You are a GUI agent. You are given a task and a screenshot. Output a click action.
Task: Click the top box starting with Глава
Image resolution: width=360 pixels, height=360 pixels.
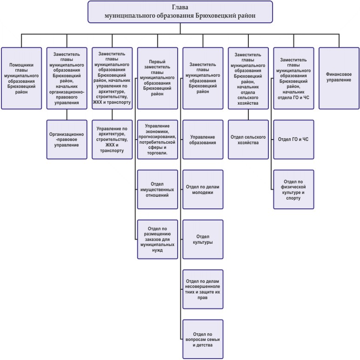(x=180, y=12)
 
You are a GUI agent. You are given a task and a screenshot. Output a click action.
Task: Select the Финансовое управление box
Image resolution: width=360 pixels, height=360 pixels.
(x=339, y=78)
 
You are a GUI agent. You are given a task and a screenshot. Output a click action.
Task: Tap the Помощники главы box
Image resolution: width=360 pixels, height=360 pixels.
(x=21, y=78)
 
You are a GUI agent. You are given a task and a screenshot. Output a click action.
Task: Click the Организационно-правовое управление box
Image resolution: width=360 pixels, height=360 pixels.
(x=67, y=140)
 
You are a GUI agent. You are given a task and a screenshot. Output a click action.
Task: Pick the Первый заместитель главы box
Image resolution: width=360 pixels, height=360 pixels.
(x=158, y=78)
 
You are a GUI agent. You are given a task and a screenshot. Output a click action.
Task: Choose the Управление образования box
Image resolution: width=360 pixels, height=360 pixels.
(x=203, y=140)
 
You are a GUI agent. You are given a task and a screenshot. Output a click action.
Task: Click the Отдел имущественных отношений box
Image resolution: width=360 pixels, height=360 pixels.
(x=158, y=189)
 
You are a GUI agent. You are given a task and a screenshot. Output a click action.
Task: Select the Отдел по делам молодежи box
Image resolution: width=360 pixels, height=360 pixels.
(x=203, y=189)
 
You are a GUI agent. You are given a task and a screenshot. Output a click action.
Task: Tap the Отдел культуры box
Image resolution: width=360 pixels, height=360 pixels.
(x=203, y=239)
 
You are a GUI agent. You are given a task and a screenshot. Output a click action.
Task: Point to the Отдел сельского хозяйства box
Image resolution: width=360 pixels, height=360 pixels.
(x=248, y=140)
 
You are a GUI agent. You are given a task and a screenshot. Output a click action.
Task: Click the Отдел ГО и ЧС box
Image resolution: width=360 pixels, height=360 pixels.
(x=293, y=140)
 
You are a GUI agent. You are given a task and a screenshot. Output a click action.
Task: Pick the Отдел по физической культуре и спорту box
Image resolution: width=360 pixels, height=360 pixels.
(x=293, y=189)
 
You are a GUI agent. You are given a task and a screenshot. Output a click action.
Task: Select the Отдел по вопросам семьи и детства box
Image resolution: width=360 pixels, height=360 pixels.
(x=203, y=339)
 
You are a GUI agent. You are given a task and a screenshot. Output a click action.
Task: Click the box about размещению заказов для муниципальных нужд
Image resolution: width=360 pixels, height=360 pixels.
(x=158, y=239)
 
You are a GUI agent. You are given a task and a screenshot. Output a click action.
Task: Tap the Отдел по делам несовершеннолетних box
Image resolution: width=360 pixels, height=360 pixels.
(x=203, y=289)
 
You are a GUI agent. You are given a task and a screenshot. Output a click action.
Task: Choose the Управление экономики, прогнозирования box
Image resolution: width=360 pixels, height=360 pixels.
(x=158, y=140)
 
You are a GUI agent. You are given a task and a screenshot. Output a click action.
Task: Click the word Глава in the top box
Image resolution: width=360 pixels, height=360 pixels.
(x=180, y=7)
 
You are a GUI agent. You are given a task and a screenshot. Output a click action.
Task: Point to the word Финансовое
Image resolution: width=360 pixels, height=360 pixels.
(x=339, y=74)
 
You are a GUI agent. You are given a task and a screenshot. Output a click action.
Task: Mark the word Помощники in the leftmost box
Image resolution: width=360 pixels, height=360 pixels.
(x=21, y=65)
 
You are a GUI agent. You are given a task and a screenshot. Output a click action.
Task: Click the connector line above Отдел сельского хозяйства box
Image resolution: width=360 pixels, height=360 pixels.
(x=248, y=114)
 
